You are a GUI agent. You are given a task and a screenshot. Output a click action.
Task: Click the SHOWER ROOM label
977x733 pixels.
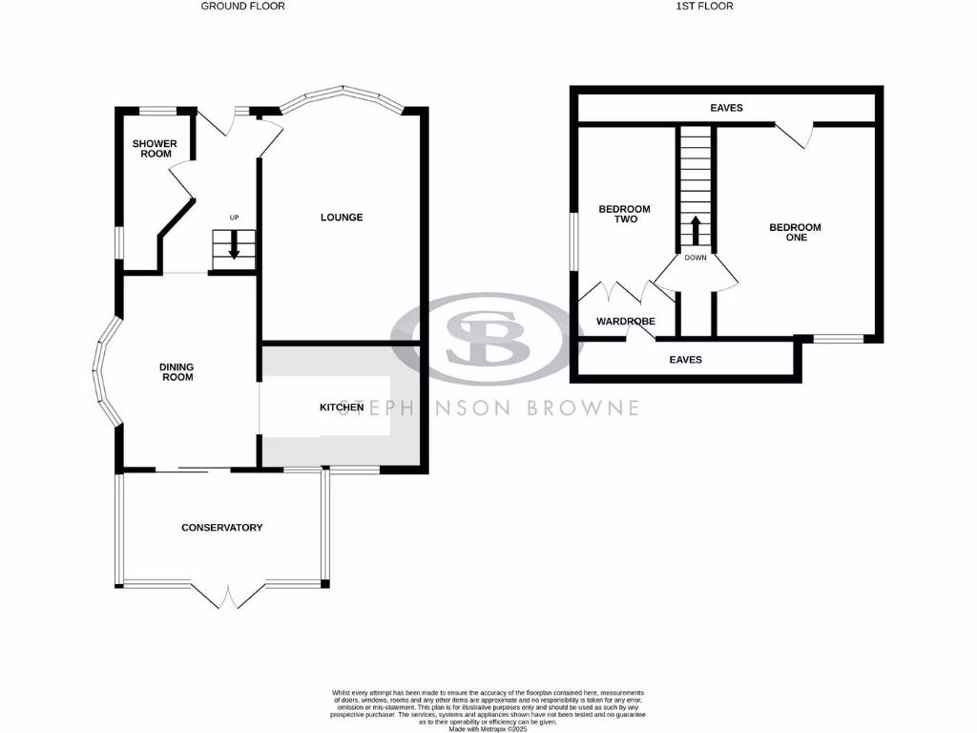tap(154, 149)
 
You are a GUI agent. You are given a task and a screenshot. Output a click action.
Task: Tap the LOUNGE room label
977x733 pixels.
tap(341, 218)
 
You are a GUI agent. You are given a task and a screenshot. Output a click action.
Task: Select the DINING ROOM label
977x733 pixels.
tap(177, 371)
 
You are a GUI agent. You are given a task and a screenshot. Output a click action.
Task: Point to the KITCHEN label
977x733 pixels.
tap(341, 408)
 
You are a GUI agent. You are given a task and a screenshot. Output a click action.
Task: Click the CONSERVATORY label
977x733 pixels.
tap(221, 528)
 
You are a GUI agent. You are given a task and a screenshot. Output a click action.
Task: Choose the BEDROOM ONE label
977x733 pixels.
tap(795, 232)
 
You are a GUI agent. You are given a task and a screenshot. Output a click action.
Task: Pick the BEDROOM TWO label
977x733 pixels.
tap(624, 214)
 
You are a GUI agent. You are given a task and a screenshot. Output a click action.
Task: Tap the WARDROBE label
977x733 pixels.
tap(625, 322)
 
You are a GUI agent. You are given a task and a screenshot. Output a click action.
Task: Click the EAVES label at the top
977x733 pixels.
tap(726, 108)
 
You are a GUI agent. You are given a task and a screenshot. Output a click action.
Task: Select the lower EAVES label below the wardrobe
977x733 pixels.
tap(685, 360)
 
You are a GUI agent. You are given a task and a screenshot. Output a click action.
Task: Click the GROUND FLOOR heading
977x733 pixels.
tap(242, 6)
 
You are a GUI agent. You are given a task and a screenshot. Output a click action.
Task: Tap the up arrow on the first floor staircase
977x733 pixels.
tap(696, 230)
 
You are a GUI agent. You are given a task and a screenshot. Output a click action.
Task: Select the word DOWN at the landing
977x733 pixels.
tap(696, 257)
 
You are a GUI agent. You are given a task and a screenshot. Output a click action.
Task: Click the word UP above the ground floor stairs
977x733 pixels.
tap(234, 219)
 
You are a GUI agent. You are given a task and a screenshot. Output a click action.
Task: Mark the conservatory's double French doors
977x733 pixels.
tap(230, 596)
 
